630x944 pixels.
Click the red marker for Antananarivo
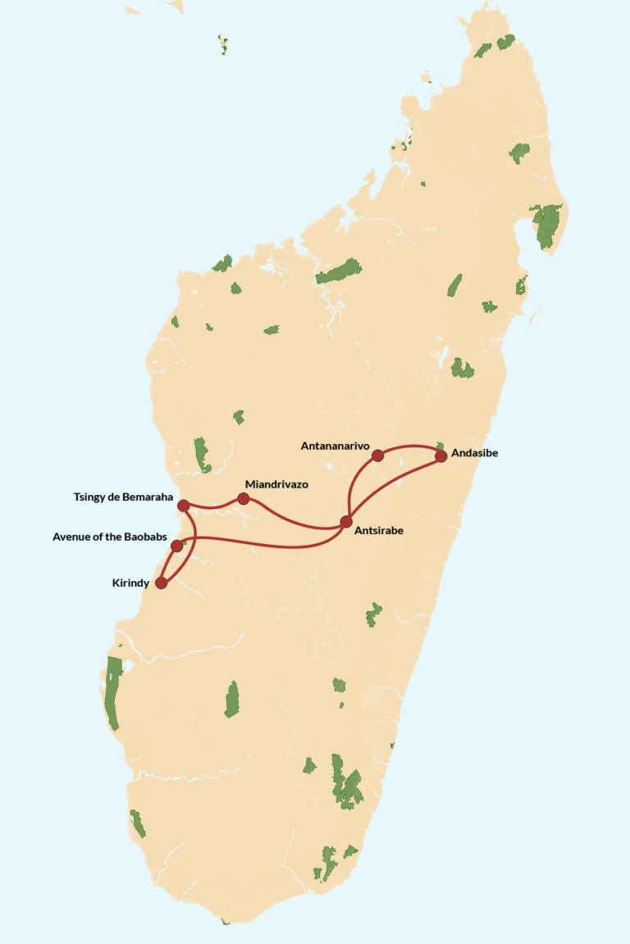377,456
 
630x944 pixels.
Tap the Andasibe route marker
441,456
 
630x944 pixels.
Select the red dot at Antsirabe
346,521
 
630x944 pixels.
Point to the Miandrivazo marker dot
244,498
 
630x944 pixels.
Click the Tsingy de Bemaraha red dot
184,506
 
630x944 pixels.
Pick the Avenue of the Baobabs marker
176,546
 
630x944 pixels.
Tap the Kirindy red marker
161,583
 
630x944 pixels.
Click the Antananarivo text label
335,446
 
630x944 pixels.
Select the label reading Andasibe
475,452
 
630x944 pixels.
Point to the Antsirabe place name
378,531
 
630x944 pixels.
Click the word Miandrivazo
276,484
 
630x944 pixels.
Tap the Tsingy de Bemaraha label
123,497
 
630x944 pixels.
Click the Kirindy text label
130,583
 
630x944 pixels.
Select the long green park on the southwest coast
112,692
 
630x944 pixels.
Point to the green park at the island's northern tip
506,41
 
